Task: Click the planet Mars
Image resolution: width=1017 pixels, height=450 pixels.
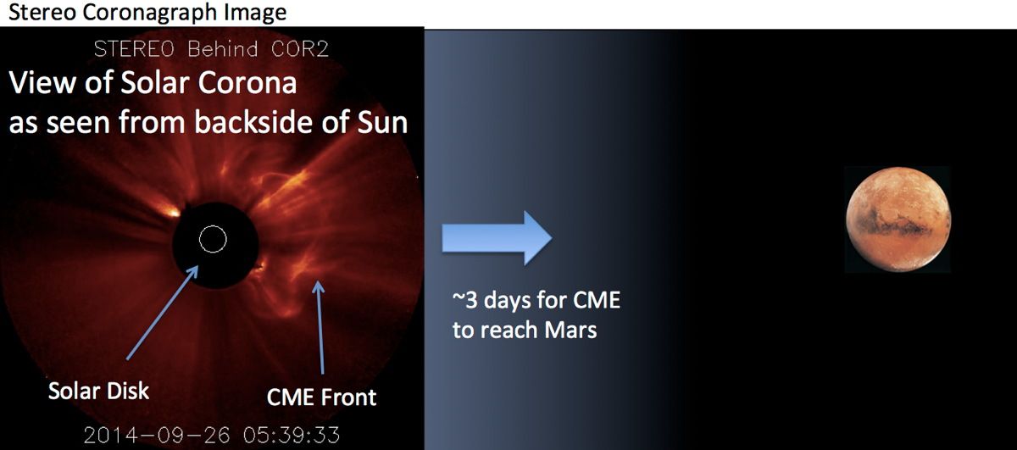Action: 896,219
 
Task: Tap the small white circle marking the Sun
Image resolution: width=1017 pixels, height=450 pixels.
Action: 212,240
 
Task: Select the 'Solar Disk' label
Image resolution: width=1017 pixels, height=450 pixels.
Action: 98,391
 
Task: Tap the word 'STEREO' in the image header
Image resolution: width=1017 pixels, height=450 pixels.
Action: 129,50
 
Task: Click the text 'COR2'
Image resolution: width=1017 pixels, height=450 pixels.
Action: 299,50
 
